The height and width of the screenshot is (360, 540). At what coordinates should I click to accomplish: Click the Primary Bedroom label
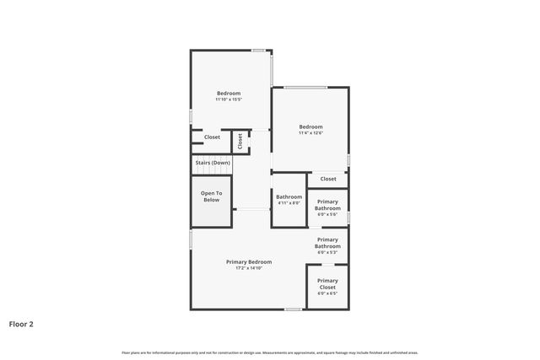[x=249, y=261]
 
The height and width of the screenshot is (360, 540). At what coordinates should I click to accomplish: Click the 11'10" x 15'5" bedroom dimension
[x=229, y=99]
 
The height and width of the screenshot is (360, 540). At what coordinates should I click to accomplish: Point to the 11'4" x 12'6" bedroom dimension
[x=310, y=133]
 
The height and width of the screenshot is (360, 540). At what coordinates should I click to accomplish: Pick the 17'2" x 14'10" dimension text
[x=249, y=268]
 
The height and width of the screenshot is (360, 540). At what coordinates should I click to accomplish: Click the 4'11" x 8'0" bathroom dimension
[x=289, y=203]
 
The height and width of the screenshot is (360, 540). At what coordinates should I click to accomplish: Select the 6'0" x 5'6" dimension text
[x=327, y=215]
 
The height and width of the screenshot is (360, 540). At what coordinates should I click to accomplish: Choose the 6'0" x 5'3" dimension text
[x=327, y=253]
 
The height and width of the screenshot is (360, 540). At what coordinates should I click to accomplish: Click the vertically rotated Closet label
[x=240, y=141]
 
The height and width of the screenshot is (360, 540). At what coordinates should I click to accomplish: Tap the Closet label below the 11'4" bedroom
[x=328, y=179]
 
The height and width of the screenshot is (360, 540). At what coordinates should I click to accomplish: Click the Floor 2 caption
[x=21, y=323]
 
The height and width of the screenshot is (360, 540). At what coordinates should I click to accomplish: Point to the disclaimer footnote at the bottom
[x=270, y=352]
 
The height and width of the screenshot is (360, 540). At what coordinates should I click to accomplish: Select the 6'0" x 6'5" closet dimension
[x=327, y=293]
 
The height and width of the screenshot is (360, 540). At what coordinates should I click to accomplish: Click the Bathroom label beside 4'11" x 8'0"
[x=289, y=196]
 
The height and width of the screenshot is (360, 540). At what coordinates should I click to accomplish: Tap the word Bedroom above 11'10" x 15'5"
[x=229, y=93]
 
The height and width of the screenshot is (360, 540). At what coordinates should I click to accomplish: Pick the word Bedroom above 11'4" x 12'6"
[x=310, y=126]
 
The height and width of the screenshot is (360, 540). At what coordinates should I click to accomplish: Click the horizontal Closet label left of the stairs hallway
[x=212, y=137]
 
